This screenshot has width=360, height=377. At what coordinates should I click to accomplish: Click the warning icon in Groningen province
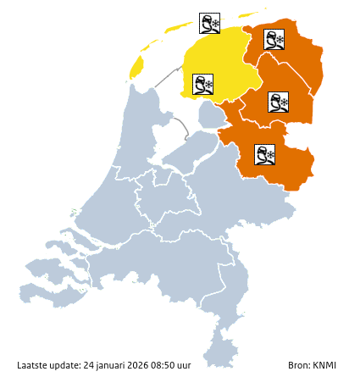coord(274,39)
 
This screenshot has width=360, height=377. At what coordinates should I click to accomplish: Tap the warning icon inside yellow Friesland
coord(202,85)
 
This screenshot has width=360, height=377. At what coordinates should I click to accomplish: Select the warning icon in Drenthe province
coord(278,103)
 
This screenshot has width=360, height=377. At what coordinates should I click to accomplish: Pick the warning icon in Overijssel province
coord(265,154)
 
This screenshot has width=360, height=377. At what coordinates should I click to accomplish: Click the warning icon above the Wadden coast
coord(209,23)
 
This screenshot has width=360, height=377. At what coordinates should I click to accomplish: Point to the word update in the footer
coord(66,366)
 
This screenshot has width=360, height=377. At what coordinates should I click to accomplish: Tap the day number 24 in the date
coord(88,366)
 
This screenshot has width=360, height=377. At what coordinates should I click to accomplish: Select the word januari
coord(110,366)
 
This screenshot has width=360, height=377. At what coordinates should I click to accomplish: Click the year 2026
coord(140,366)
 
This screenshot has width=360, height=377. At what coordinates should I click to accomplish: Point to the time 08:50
coord(166,366)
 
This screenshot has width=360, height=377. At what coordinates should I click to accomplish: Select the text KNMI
coord(324,366)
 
